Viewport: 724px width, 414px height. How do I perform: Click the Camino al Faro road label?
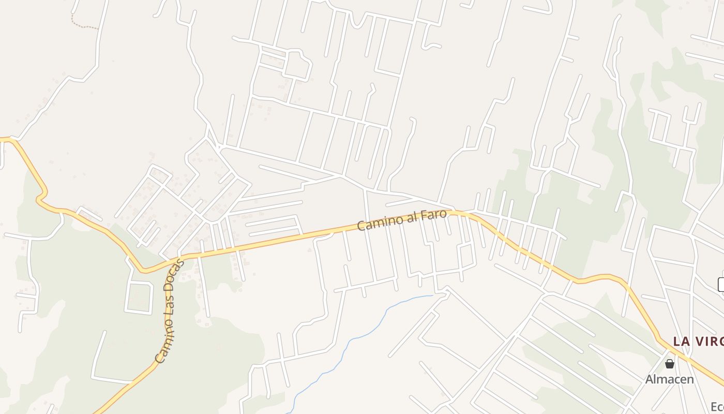click(x=402, y=219)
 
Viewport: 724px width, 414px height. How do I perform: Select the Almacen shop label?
click(x=669, y=379)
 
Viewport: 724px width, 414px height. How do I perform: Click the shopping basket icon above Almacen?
click(x=670, y=363)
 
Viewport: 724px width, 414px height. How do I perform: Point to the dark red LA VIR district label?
click(x=698, y=341)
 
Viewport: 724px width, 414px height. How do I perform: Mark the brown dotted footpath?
click(x=83, y=25)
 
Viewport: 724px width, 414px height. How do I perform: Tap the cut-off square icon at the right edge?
click(x=721, y=284)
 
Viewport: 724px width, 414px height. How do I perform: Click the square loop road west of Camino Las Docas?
click(x=139, y=297)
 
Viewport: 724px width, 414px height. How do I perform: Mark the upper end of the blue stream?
click(x=432, y=296)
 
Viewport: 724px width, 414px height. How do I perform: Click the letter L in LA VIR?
click(x=677, y=341)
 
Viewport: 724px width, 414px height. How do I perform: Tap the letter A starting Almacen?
click(x=650, y=379)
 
